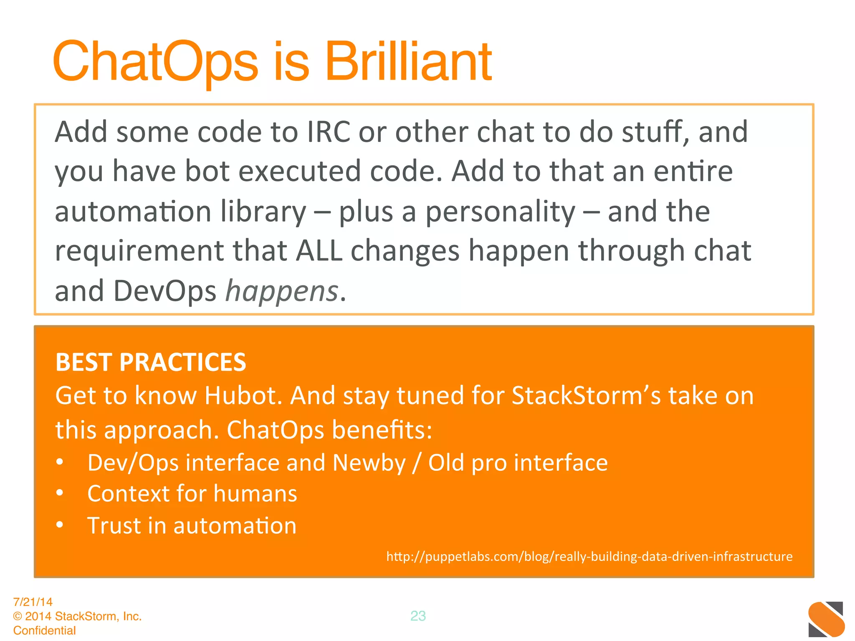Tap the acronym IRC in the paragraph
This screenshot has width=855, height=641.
pos(329,132)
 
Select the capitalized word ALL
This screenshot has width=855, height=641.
pos(319,251)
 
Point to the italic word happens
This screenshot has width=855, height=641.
pos(281,292)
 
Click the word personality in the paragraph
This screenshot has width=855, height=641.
pos(500,212)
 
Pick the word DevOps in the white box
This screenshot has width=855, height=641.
pos(165,291)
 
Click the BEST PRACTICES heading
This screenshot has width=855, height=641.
pos(151,362)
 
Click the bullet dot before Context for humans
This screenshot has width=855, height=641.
pos(60,493)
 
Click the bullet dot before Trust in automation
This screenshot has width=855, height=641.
pos(60,525)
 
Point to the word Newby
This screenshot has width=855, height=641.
pos(369,463)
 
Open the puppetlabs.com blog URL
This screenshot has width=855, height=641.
pos(589,557)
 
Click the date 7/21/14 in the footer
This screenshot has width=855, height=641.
pos(33,602)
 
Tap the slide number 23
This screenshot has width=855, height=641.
pos(418,616)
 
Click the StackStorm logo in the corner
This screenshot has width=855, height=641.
pos(826,619)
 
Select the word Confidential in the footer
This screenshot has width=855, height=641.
pos(45,631)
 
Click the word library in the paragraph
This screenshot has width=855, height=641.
pos(263,212)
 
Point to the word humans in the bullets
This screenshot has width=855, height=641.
pos(255,494)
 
